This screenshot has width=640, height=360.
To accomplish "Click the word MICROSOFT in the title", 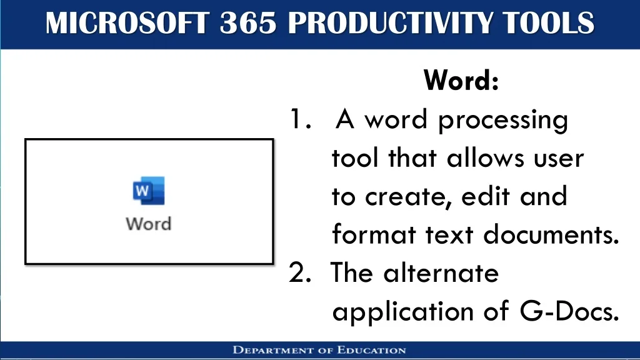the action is coord(127,23).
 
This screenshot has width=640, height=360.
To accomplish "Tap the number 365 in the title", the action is coord(248,23).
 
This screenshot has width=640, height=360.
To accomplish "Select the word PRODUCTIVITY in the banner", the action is coord(389,23).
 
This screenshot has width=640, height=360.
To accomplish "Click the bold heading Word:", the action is coord(461,80).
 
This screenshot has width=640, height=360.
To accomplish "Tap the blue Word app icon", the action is coord(149,191).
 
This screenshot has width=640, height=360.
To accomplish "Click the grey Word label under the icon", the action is coord(149,224).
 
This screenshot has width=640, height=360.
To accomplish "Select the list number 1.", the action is coord(301,119).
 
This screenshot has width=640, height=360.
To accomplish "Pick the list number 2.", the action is coord(300,272).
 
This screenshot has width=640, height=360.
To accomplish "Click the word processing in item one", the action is coord(503,121).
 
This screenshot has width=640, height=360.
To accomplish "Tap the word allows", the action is coord(485,157).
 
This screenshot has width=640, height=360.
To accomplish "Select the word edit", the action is coord(486,196).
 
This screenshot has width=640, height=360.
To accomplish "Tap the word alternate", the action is coord(441,272).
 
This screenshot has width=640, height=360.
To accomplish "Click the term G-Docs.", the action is coord(569,311).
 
